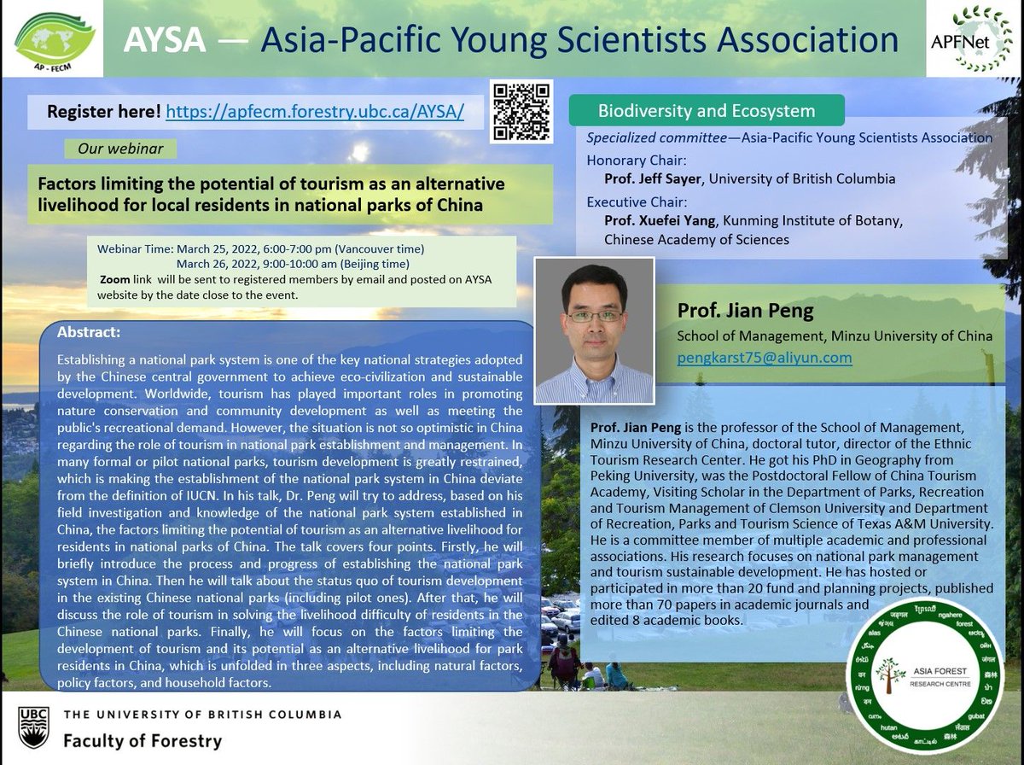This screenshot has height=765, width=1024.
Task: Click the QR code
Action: coord(521,112)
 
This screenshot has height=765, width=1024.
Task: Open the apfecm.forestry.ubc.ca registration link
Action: coord(314,112)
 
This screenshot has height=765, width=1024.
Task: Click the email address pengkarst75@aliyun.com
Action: coord(764,358)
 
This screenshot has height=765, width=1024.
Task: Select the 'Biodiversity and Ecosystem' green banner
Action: coord(706,111)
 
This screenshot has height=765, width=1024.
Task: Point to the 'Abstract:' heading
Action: coord(90,331)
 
